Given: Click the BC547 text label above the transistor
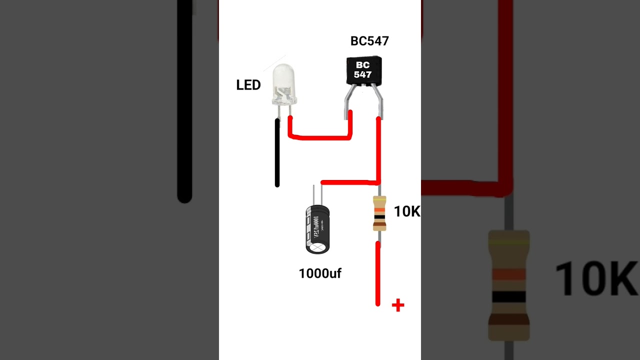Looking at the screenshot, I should (369, 41).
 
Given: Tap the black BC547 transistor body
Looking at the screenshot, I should (363, 70).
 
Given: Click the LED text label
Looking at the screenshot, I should (248, 85).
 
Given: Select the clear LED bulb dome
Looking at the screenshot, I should (284, 82).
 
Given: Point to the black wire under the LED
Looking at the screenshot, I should (277, 152).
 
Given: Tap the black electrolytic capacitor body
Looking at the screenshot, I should (317, 228).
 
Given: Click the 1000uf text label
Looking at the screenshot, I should (320, 273).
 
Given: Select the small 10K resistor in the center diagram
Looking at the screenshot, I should (379, 213).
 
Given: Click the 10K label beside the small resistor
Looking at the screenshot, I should (407, 211).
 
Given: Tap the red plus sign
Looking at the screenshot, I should (398, 305).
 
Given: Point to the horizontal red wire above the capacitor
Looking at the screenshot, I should (350, 182).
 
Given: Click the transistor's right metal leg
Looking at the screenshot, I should (378, 102).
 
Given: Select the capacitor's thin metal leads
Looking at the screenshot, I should (317, 194).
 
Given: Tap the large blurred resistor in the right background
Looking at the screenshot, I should (508, 285).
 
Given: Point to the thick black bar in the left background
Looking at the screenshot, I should (184, 100).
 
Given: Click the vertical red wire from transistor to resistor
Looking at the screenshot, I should (378, 150).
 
